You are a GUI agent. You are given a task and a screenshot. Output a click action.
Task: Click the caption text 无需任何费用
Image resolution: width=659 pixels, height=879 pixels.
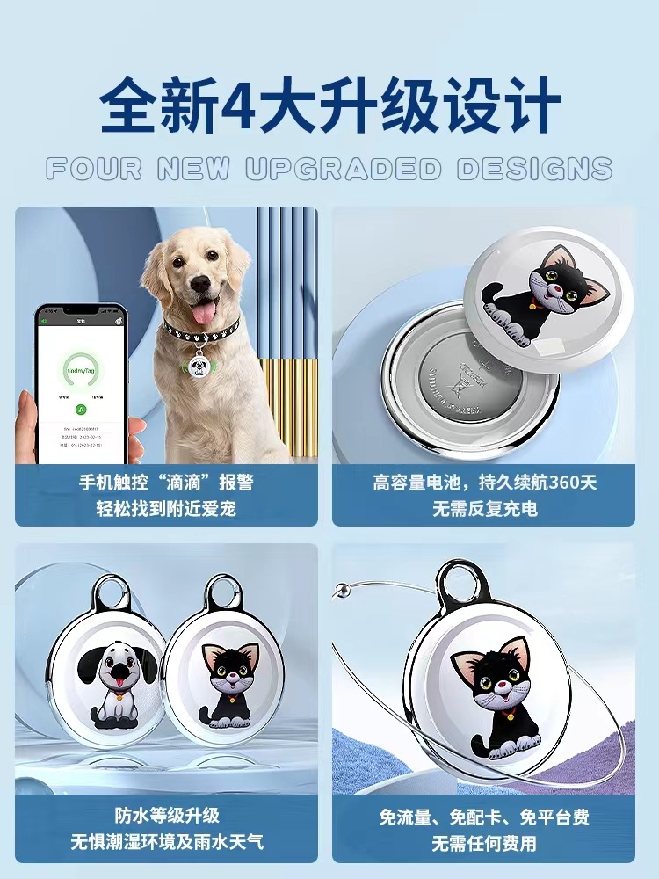pos(483,844)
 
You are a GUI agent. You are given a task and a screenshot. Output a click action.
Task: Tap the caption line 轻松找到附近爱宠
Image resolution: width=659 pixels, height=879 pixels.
pos(167,509)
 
